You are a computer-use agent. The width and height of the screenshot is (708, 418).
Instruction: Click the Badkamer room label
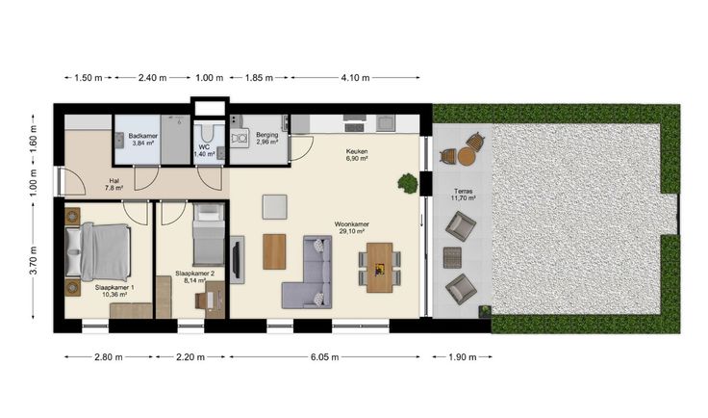tap(142, 136)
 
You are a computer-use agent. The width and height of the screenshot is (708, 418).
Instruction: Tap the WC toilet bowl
tap(208, 132)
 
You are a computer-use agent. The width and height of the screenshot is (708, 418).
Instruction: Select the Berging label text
tap(266, 135)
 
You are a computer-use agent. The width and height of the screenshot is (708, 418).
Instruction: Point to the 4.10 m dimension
tap(355, 78)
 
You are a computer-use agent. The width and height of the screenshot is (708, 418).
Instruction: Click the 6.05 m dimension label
tap(324, 357)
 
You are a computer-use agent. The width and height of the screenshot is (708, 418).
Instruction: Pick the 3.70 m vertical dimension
tap(34, 260)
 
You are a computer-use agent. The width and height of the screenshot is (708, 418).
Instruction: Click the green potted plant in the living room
tap(408, 183)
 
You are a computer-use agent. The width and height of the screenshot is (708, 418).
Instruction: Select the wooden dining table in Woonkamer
tap(379, 268)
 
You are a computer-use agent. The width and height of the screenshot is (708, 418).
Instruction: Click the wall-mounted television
tap(236, 259)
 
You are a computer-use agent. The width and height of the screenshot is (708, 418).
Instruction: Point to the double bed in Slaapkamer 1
tap(98, 251)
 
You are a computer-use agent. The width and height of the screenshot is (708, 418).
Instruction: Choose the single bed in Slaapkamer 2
tap(209, 234)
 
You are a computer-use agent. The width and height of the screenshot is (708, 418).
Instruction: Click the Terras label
tap(464, 191)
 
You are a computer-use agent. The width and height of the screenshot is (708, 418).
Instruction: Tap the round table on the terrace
tap(467, 156)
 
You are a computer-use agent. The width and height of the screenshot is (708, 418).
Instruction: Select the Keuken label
tap(357, 151)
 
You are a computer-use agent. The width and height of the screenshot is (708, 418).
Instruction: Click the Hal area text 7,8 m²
tap(114, 188)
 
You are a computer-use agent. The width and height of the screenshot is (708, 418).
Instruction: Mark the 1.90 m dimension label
tap(463, 357)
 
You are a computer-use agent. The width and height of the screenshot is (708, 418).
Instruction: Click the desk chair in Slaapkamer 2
tap(201, 300)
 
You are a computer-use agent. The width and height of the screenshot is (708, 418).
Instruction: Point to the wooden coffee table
tap(274, 251)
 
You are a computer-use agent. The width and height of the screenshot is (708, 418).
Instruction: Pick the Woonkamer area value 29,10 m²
tap(352, 231)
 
